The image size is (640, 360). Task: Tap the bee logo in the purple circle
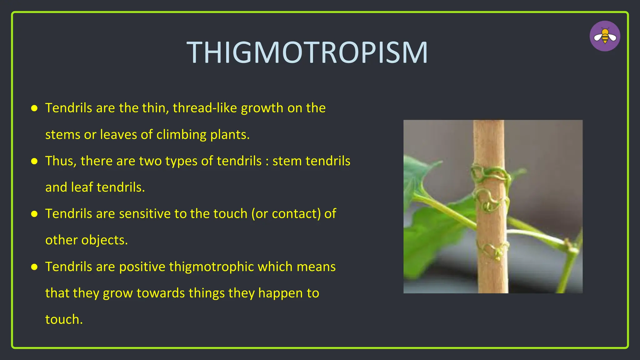pos(605,36)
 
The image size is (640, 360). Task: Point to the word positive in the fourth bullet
pos(142,267)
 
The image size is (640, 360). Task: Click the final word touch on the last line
pos(64,319)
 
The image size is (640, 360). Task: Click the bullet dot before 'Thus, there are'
pos(34,161)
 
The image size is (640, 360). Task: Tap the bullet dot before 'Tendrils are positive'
pos(34,267)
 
